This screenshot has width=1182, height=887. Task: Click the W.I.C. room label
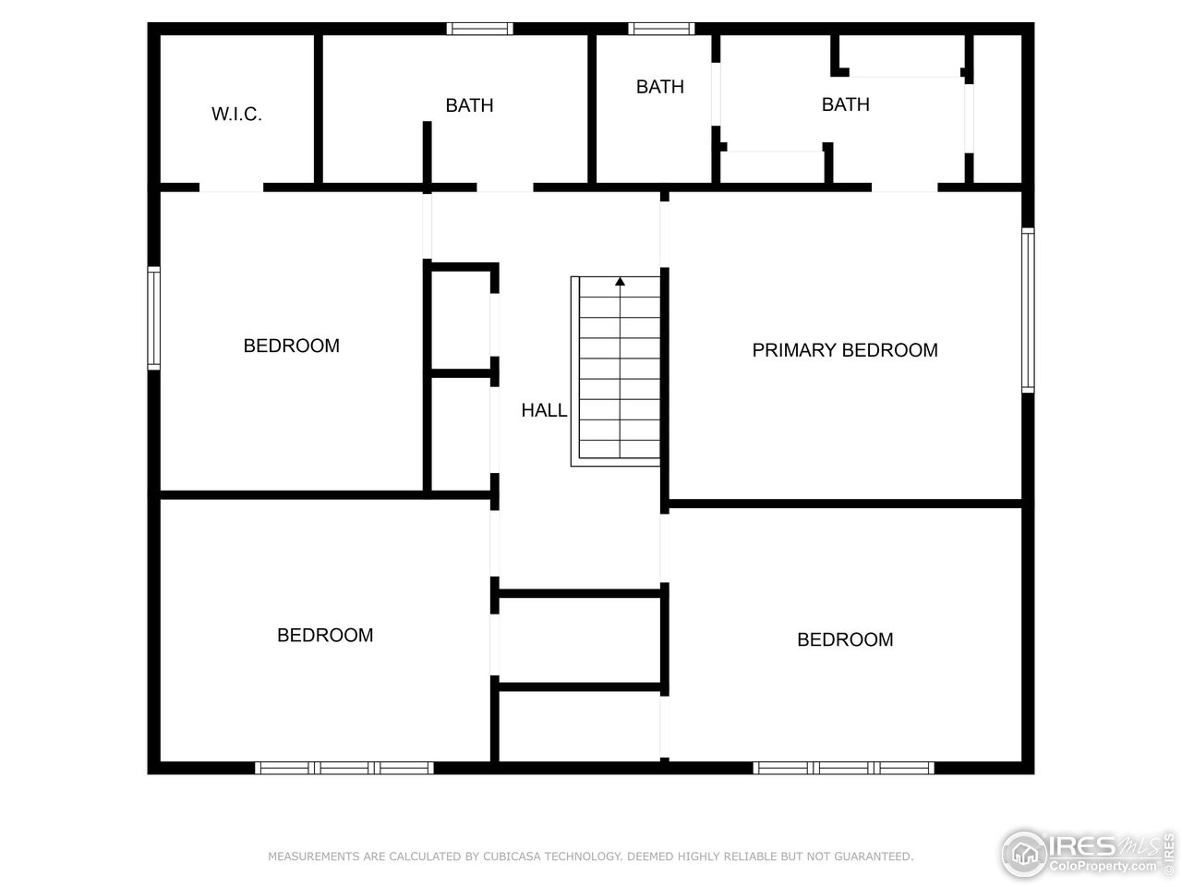point(236,115)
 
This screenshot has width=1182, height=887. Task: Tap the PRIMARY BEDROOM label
point(844,350)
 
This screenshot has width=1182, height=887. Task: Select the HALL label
point(544,410)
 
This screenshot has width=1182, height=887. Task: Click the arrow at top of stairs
point(621,282)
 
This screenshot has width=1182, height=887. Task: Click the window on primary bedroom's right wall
point(1027,310)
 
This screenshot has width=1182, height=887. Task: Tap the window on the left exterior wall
point(154,318)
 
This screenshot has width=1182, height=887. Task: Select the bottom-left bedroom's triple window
point(344,767)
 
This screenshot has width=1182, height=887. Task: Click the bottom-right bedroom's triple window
point(843,767)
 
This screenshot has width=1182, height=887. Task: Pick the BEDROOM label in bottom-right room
point(844,639)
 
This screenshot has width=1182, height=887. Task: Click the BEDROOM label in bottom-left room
point(325,635)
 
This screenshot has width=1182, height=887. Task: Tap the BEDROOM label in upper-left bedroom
point(291,346)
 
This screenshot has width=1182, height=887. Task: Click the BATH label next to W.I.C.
point(469,105)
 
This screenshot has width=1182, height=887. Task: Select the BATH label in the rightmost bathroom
point(845,104)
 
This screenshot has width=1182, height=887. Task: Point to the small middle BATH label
point(659,87)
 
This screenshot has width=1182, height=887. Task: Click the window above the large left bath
point(480,29)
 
